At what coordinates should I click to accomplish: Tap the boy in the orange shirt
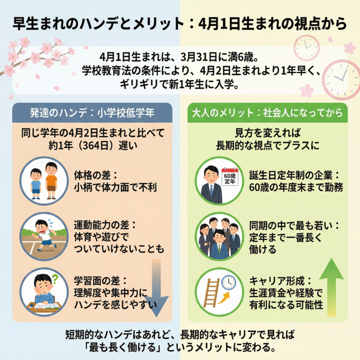51,180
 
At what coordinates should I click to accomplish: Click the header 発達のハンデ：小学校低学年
92,113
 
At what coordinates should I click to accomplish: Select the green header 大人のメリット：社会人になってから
267,113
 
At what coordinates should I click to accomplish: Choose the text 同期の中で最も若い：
294,225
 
